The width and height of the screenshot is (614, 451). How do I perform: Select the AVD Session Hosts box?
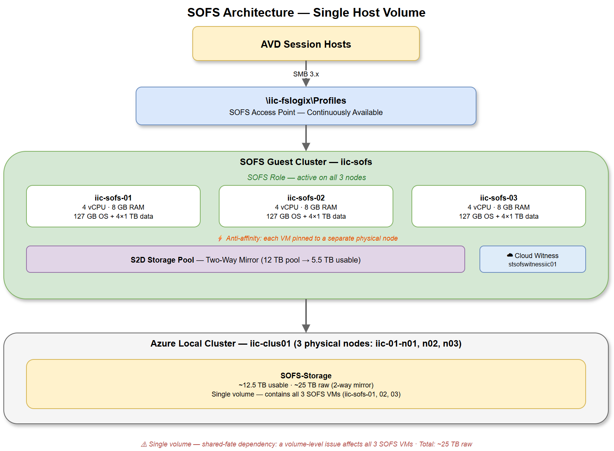point(306,44)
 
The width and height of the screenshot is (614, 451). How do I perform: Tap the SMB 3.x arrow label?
point(306,74)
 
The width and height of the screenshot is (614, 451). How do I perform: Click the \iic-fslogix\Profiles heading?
point(306,101)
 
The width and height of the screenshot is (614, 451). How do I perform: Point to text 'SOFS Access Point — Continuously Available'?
point(306,112)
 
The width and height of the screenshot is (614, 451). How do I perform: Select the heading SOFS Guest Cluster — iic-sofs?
point(306,162)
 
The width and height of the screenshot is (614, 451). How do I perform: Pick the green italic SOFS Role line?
point(306,177)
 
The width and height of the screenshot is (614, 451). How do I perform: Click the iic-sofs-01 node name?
point(113,198)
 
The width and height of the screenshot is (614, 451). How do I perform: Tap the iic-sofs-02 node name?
point(306,198)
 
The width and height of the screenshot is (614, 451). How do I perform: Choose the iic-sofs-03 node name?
point(499,198)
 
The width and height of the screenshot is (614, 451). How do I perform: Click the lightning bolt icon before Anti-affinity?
point(220,238)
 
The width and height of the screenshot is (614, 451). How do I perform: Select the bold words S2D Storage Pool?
point(162,260)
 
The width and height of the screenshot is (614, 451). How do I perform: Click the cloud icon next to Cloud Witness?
point(510,255)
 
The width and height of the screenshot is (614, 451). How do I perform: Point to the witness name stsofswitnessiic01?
point(532,264)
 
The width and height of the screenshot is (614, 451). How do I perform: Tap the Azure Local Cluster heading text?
point(306,344)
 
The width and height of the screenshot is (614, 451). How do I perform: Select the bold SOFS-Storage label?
point(306,376)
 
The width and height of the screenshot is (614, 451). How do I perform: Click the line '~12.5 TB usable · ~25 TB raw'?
point(306,385)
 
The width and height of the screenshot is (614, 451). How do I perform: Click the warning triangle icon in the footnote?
point(144,445)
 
